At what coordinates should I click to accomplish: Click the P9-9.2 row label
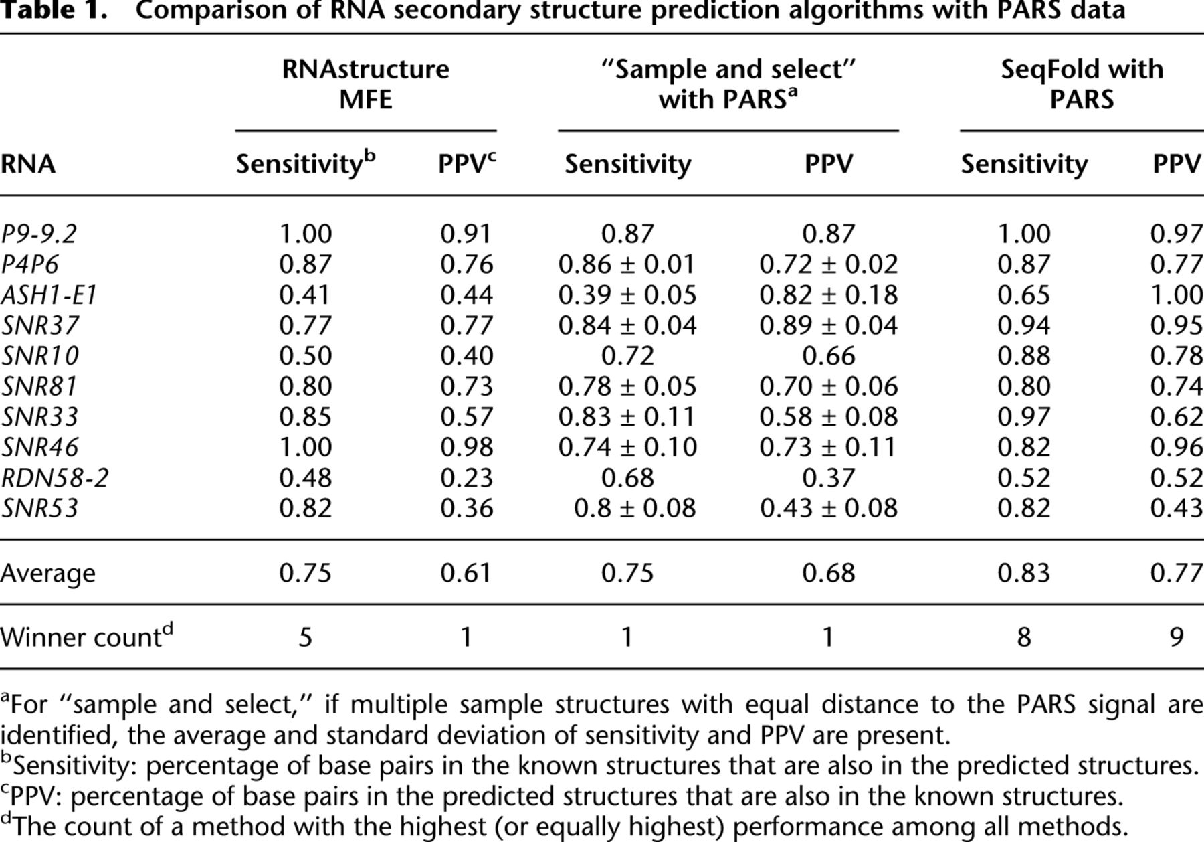pyautogui.click(x=39, y=234)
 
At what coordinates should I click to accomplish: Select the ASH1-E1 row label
pyautogui.click(x=49, y=294)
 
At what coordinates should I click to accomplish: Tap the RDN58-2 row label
pyautogui.click(x=54, y=478)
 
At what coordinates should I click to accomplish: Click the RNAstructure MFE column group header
pyautogui.click(x=365, y=84)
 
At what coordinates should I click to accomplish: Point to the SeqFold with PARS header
pyautogui.click(x=1082, y=84)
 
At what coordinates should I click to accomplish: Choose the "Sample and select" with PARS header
pyautogui.click(x=728, y=84)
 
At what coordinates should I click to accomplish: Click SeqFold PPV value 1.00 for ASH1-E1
pyautogui.click(x=1176, y=294)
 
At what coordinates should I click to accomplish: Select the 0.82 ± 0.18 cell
pyautogui.click(x=828, y=294)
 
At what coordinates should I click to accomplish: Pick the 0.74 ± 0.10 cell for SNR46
pyautogui.click(x=627, y=447)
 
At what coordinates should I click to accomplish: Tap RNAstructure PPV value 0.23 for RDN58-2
pyautogui.click(x=466, y=478)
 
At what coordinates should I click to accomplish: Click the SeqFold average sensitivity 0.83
pyautogui.click(x=1023, y=573)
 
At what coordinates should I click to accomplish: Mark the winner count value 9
pyautogui.click(x=1176, y=637)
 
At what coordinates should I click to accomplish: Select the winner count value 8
pyautogui.click(x=1023, y=637)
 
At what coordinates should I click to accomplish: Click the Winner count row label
pyautogui.click(x=86, y=637)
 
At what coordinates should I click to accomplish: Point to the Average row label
pyautogui.click(x=47, y=573)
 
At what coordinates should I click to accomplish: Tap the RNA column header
pyautogui.click(x=27, y=164)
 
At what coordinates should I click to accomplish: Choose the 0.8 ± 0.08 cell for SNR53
pyautogui.click(x=634, y=508)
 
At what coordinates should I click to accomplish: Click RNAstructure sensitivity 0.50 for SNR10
pyautogui.click(x=305, y=355)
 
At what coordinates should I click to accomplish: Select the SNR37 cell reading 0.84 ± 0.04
pyautogui.click(x=627, y=325)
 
